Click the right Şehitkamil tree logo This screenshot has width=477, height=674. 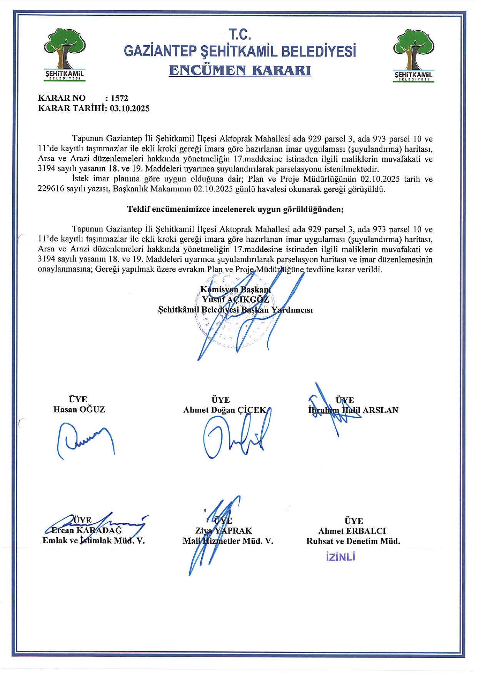[413, 55]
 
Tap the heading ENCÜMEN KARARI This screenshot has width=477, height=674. [240, 71]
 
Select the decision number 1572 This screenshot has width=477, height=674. [119, 98]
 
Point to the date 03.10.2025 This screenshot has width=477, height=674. [130, 108]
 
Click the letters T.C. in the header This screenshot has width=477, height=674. [240, 35]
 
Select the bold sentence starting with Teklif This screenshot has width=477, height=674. [235, 209]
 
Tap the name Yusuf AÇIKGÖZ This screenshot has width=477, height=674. [235, 300]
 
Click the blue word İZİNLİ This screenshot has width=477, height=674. [340, 557]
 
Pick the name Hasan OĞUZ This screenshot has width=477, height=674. [79, 409]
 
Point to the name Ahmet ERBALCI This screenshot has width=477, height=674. [352, 531]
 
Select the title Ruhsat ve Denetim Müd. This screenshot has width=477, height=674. [353, 541]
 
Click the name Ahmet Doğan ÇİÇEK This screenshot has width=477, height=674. [225, 410]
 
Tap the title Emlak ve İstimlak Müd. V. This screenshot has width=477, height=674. [93, 541]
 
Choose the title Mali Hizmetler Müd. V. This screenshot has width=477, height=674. [228, 541]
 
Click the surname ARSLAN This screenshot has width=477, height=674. [380, 410]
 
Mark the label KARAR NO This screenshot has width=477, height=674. [62, 98]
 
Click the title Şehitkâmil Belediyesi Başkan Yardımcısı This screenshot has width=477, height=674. [235, 310]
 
